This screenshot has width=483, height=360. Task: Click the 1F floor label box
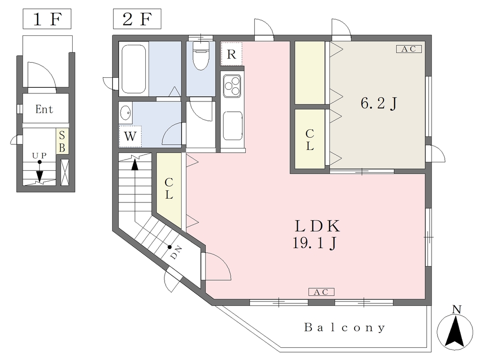click(x=47, y=19)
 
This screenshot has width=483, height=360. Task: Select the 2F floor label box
click(x=137, y=19)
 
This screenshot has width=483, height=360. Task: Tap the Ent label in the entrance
click(x=44, y=109)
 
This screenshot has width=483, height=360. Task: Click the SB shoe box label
click(x=62, y=142)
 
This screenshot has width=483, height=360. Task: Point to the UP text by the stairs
click(x=40, y=156)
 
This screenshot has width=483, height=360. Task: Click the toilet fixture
click(x=201, y=55)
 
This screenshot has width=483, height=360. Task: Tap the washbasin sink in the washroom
click(x=125, y=113)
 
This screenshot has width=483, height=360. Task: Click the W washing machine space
click(x=130, y=136)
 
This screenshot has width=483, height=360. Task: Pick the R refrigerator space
click(x=232, y=54)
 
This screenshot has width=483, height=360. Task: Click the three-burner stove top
click(x=232, y=85)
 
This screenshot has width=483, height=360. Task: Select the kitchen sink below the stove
click(x=233, y=126)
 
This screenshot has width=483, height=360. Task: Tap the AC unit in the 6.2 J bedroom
click(x=408, y=49)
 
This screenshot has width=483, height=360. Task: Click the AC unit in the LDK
click(x=321, y=292)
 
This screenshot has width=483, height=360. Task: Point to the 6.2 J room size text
click(x=379, y=103)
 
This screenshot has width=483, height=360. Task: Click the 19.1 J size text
click(x=315, y=243)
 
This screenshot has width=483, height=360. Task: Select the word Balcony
click(x=345, y=327)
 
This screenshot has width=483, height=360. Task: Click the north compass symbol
click(x=455, y=329)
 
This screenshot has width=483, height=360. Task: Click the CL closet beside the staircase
click(x=169, y=188)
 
